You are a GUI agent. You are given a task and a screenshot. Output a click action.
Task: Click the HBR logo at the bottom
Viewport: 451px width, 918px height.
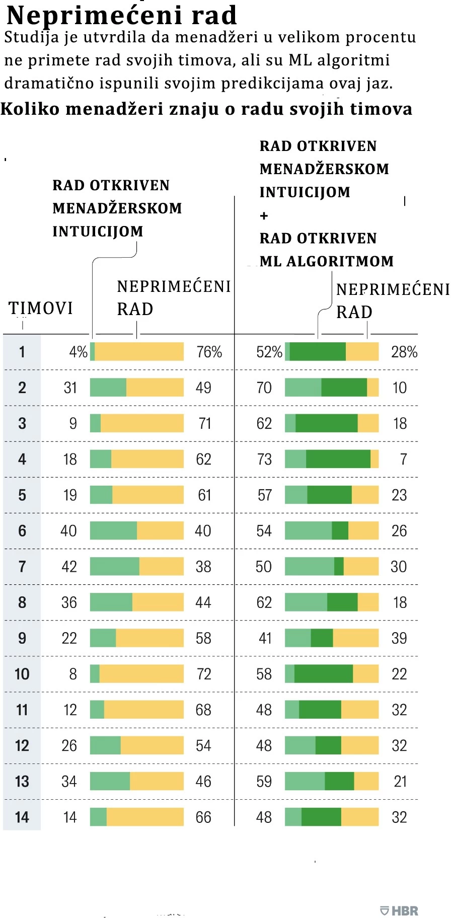pos(399,910)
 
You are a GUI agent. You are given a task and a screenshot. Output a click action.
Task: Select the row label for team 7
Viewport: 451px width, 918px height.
pos(22,567)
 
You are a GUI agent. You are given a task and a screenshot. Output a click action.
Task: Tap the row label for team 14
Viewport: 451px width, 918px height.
pos(22,817)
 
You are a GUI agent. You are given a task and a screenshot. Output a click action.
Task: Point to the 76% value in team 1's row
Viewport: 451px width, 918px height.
pos(209,352)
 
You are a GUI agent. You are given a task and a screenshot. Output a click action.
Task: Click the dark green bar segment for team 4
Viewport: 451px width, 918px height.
pos(338,459)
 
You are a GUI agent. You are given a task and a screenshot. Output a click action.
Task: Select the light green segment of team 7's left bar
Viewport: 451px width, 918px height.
pos(115,567)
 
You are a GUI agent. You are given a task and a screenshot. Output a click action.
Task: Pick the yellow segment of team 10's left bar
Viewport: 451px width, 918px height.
pos(141,674)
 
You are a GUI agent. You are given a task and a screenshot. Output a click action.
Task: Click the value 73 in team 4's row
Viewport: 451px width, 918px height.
pos(264,459)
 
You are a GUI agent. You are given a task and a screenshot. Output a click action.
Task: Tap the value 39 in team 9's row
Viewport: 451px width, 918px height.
pos(399,638)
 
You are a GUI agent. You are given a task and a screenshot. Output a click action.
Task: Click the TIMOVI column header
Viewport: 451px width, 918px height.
pos(41,308)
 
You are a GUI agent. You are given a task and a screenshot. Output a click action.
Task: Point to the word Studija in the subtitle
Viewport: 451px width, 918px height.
pos(32,37)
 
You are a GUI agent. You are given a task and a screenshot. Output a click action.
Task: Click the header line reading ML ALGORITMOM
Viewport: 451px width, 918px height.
pos(327,262)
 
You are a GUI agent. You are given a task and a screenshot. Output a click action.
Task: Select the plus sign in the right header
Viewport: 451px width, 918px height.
pos(264,216)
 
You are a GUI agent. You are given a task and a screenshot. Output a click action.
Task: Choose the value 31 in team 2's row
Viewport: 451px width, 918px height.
pos(70,388)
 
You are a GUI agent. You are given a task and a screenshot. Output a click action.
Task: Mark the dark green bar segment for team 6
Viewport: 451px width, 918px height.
pos(340,530)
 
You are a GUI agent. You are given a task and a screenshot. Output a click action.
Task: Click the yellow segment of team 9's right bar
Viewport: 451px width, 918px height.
pos(355,638)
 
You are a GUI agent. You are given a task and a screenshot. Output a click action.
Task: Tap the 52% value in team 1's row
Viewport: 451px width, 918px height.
pos(269,352)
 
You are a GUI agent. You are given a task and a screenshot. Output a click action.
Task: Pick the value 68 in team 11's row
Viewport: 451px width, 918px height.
pos(203,710)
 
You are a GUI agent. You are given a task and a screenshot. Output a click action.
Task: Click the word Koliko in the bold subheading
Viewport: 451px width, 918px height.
pos(30,109)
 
